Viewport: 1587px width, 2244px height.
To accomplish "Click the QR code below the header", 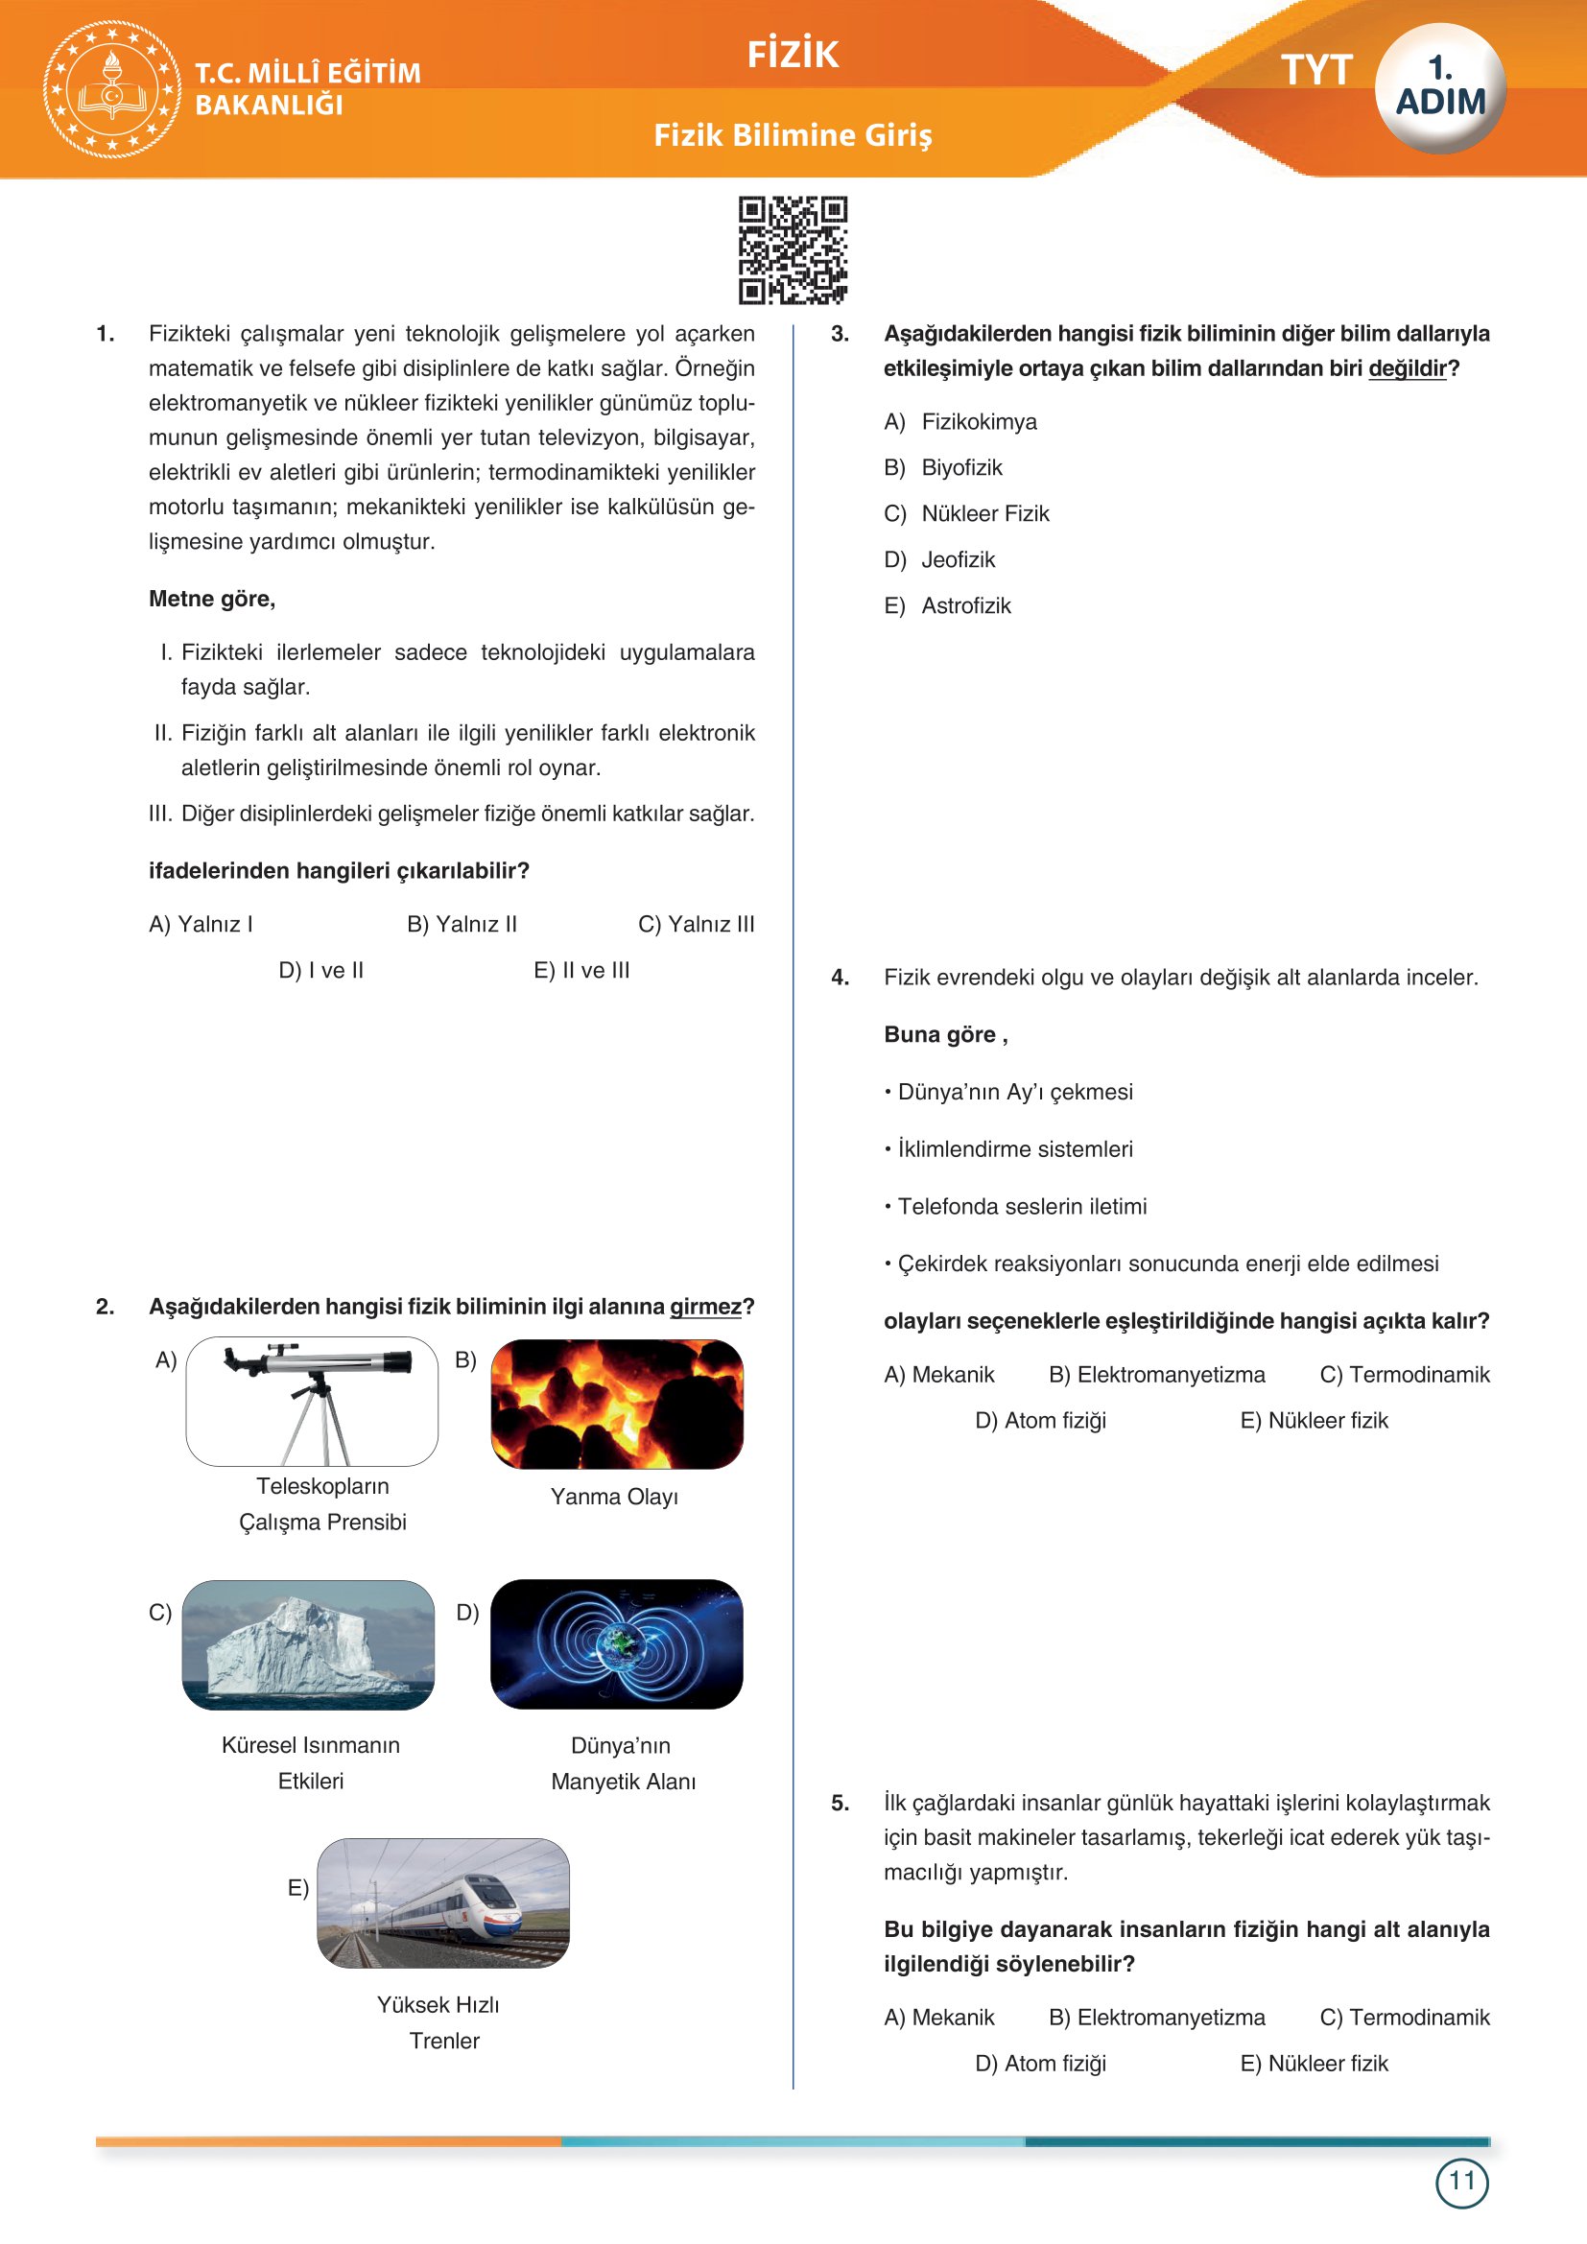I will (793, 250).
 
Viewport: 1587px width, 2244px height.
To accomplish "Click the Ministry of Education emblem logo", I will (112, 89).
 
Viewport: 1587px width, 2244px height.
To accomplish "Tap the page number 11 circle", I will (1461, 2182).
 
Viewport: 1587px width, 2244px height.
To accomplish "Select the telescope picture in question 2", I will (312, 1401).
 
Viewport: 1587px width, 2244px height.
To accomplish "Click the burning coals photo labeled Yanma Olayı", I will (617, 1404).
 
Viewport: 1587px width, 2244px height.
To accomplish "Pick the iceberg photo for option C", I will (308, 1644).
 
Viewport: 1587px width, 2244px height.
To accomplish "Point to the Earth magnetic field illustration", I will (617, 1644).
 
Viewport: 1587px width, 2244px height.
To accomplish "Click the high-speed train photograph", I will (442, 1902).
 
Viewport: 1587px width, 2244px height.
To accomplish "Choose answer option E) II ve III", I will (581, 971).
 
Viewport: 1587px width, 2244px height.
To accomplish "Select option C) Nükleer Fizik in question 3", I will (966, 513).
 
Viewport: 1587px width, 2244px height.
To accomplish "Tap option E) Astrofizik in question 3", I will (948, 605).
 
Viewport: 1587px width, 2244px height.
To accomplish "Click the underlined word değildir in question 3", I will (1407, 368).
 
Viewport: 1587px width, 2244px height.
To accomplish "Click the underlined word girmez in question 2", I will (704, 1307).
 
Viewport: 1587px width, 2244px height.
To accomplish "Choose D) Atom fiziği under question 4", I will (1040, 1420).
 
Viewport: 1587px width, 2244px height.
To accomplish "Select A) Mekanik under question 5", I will (938, 2018).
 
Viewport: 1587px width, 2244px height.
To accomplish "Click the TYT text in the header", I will (1315, 70).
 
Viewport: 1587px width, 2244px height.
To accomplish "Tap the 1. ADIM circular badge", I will (1439, 88).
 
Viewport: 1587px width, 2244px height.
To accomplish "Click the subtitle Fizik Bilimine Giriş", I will (793, 135).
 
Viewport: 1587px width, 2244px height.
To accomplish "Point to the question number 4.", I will (840, 978).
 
